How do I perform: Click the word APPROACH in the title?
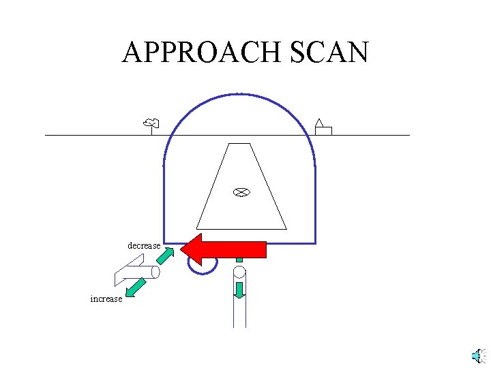pos(205,52)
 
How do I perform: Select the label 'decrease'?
pos(144,245)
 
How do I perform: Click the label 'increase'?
pos(106,298)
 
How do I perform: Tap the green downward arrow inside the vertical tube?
pos(239,289)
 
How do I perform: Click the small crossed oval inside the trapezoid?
pos(239,192)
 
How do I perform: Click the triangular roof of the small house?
pos(318,123)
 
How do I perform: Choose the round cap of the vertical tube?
pos(239,273)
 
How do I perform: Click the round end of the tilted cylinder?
pos(155,273)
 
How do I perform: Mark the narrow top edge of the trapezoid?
pos(239,144)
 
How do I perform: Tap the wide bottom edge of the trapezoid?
pos(241,228)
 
